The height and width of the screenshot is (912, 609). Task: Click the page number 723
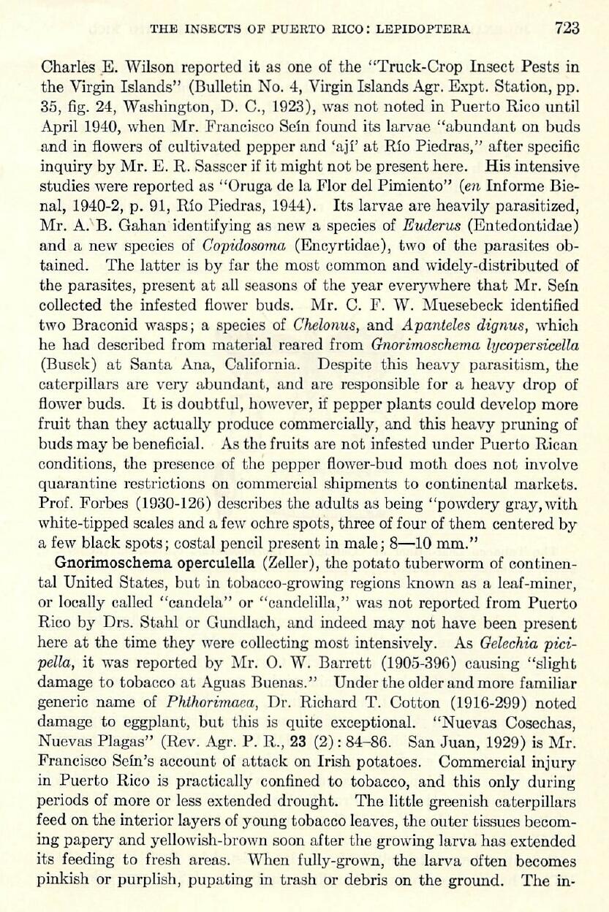tap(567, 28)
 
